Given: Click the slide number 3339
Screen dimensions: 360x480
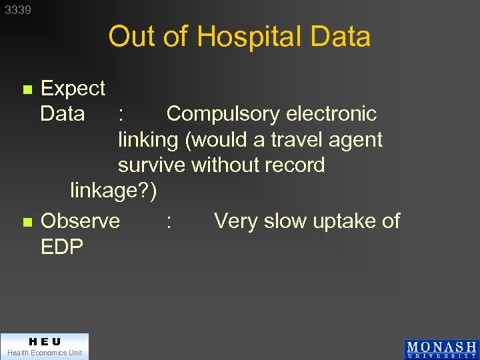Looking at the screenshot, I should tap(18, 11).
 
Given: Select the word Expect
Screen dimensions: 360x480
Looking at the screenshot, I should tap(73, 88).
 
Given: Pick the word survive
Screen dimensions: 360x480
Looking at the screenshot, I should tap(152, 165).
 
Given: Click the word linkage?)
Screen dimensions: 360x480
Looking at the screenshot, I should tap(113, 191).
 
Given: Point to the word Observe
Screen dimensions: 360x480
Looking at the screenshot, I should tap(80, 221).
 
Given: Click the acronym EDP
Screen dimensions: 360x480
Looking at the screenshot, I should tap(62, 247).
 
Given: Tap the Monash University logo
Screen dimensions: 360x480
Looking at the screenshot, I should tap(441, 349).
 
